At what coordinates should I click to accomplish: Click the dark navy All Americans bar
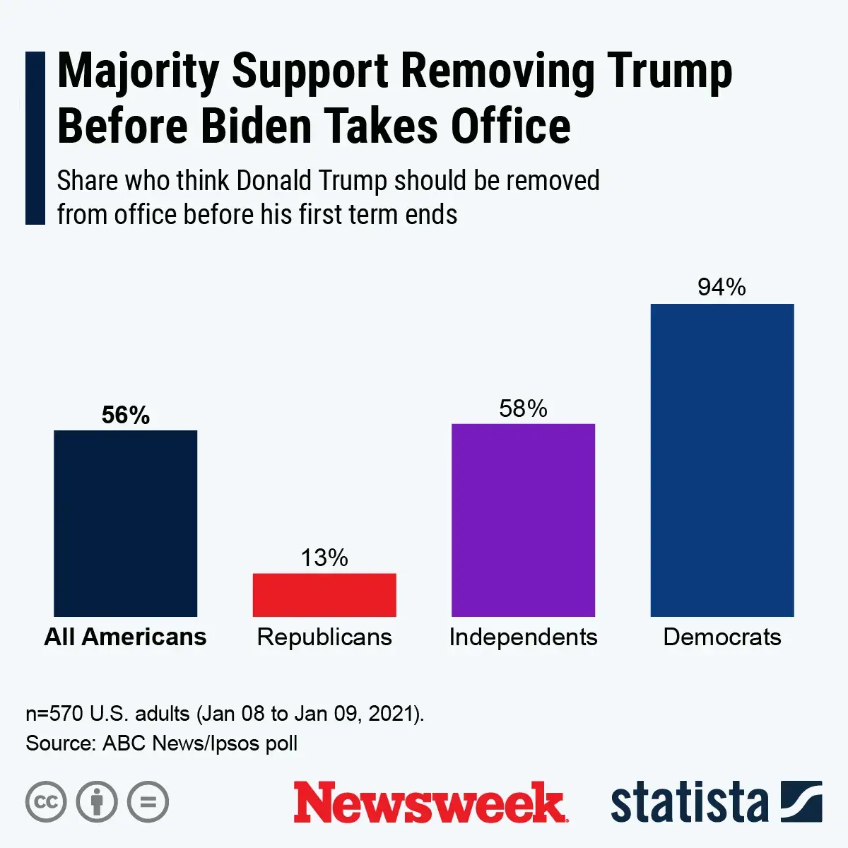[x=126, y=523]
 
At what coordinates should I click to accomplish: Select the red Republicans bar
[x=324, y=595]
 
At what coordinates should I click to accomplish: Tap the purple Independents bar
[x=523, y=520]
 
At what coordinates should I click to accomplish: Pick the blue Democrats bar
[x=722, y=460]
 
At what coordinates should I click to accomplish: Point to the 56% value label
[x=126, y=416]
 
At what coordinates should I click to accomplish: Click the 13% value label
[x=324, y=558]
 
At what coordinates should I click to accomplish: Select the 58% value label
[x=523, y=408]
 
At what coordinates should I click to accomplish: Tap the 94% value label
[x=722, y=287]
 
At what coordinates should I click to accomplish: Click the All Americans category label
[x=126, y=637]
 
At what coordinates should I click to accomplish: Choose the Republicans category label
[x=324, y=637]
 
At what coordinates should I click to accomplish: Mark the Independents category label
[x=523, y=637]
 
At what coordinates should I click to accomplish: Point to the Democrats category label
[x=722, y=637]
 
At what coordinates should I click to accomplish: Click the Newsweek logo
[x=430, y=802]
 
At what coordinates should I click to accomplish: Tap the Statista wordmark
[x=689, y=803]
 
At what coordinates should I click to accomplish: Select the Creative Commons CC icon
[x=46, y=802]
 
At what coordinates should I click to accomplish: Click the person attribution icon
[x=97, y=802]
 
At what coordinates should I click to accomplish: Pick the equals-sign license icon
[x=148, y=802]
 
